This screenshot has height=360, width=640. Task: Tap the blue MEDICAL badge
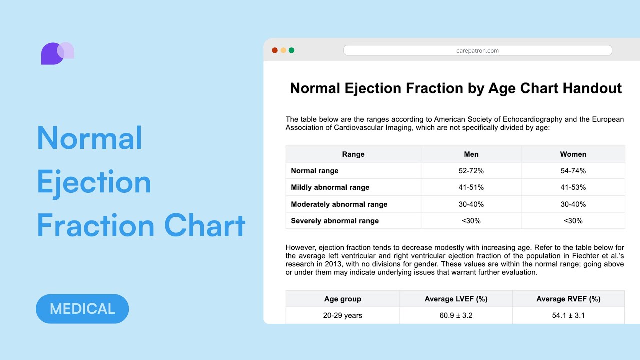82,308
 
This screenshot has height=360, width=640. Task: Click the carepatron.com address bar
477,50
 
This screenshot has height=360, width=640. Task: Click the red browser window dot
274,50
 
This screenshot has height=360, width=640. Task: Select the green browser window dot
291,50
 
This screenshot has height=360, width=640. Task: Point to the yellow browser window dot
283,50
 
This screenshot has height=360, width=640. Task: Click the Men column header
471,154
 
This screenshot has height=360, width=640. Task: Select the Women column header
573,154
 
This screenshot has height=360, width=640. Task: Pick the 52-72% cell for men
471,171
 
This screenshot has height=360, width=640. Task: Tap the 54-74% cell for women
573,171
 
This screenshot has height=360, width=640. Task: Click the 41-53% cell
573,187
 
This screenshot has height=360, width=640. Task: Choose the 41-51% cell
471,187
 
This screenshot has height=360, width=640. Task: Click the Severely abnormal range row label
334,221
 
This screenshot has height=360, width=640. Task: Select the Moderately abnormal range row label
339,204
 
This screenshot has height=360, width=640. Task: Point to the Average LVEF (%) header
456,299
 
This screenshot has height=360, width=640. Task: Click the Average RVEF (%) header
568,299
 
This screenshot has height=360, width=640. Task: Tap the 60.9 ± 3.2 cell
456,315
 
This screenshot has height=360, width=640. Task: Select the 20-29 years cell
342,315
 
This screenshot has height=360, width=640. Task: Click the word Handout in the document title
592,88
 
